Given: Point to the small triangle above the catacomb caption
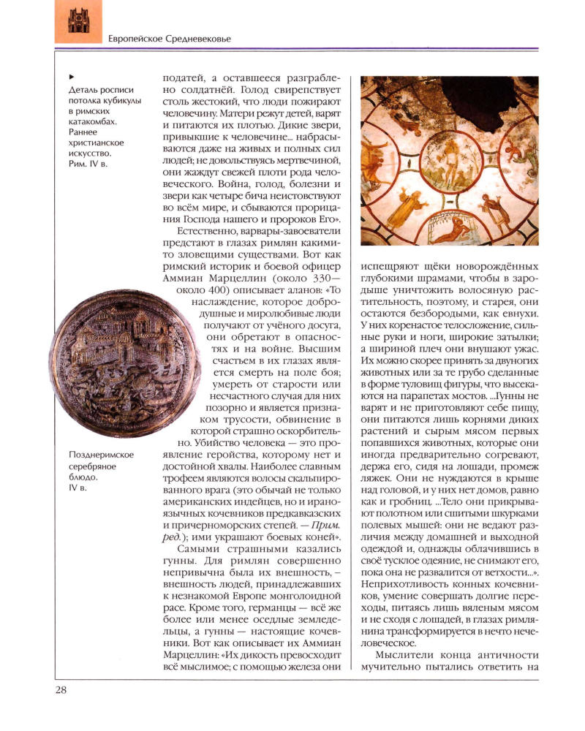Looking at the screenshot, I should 70,75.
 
